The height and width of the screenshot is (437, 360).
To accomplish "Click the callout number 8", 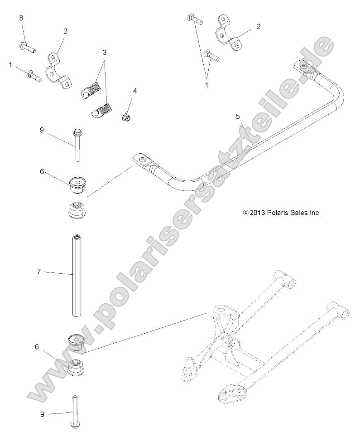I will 21,18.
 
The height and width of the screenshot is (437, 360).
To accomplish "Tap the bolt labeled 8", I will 27,46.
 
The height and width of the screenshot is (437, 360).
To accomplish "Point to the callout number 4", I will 134,91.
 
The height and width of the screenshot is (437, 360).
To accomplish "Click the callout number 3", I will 105,53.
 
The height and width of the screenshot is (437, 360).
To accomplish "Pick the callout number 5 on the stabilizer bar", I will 237,117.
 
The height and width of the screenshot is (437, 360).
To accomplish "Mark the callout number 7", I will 39,272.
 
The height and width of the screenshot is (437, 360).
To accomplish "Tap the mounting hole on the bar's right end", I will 307,68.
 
